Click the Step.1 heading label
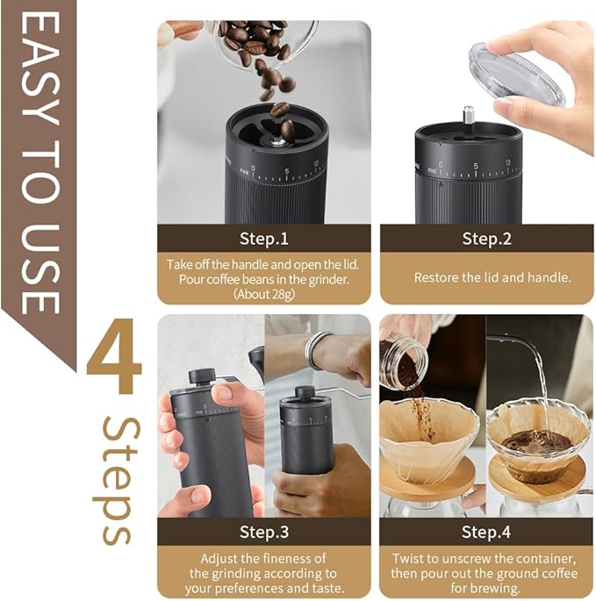pos(263,238)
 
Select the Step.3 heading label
pos(263,532)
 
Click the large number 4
pos(114,361)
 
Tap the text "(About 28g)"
pos(263,293)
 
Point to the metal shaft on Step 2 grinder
pos(469,115)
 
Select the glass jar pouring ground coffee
pos(404,361)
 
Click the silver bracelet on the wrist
pos(313,350)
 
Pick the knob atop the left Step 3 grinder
pos(202,375)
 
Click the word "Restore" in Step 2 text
pos(435,277)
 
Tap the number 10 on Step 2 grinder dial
pos(508,164)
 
